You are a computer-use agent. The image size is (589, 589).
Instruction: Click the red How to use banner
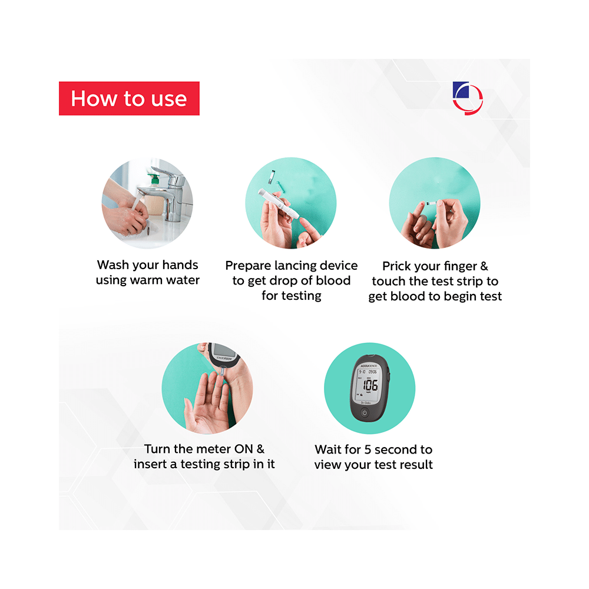(x=129, y=98)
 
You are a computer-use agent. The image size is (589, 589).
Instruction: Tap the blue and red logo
(x=468, y=98)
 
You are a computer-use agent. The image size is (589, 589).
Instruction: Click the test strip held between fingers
(x=432, y=203)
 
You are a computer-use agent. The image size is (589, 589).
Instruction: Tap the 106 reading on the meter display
(x=370, y=385)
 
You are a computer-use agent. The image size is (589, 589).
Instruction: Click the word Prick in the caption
(x=396, y=266)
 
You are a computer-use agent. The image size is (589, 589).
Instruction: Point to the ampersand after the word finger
(x=484, y=266)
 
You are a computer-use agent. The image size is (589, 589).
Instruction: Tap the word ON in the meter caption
(x=243, y=449)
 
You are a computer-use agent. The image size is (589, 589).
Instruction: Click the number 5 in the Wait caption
(x=368, y=449)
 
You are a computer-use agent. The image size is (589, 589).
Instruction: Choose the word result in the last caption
(x=416, y=465)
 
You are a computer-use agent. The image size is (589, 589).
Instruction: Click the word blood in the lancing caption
(x=333, y=280)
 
